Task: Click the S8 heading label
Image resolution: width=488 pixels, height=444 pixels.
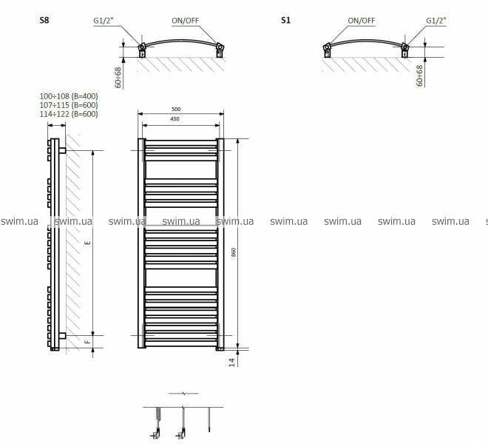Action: tap(44, 20)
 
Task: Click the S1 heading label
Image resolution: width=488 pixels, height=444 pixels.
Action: tap(285, 20)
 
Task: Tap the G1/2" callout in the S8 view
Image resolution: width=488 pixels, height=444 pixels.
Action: tap(104, 21)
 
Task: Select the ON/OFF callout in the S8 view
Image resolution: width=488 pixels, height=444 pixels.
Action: tap(185, 21)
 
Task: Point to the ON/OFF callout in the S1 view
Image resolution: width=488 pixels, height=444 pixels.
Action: tap(362, 21)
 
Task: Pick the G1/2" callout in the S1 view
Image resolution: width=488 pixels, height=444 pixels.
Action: tap(436, 21)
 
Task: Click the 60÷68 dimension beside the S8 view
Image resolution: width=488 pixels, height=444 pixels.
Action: tap(118, 78)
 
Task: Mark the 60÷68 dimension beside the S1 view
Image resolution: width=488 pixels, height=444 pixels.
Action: tap(419, 75)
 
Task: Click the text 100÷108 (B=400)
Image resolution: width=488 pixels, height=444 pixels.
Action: tap(69, 96)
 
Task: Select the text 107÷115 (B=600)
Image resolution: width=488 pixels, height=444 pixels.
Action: tap(69, 105)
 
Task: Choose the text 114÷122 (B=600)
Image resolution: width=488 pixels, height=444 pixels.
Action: tap(69, 114)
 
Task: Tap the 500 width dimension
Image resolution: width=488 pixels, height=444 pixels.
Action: tap(176, 109)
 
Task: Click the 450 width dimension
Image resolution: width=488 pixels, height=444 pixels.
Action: tap(175, 118)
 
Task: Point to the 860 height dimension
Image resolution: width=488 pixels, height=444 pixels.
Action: tap(234, 252)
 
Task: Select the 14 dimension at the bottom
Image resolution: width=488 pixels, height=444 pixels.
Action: tap(232, 363)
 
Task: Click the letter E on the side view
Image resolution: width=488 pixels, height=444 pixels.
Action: tap(88, 242)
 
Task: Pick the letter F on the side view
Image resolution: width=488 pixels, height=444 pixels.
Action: tap(88, 342)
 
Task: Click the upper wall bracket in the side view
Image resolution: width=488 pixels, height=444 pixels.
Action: tap(62, 150)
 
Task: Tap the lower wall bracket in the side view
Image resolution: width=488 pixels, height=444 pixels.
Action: tap(62, 335)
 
